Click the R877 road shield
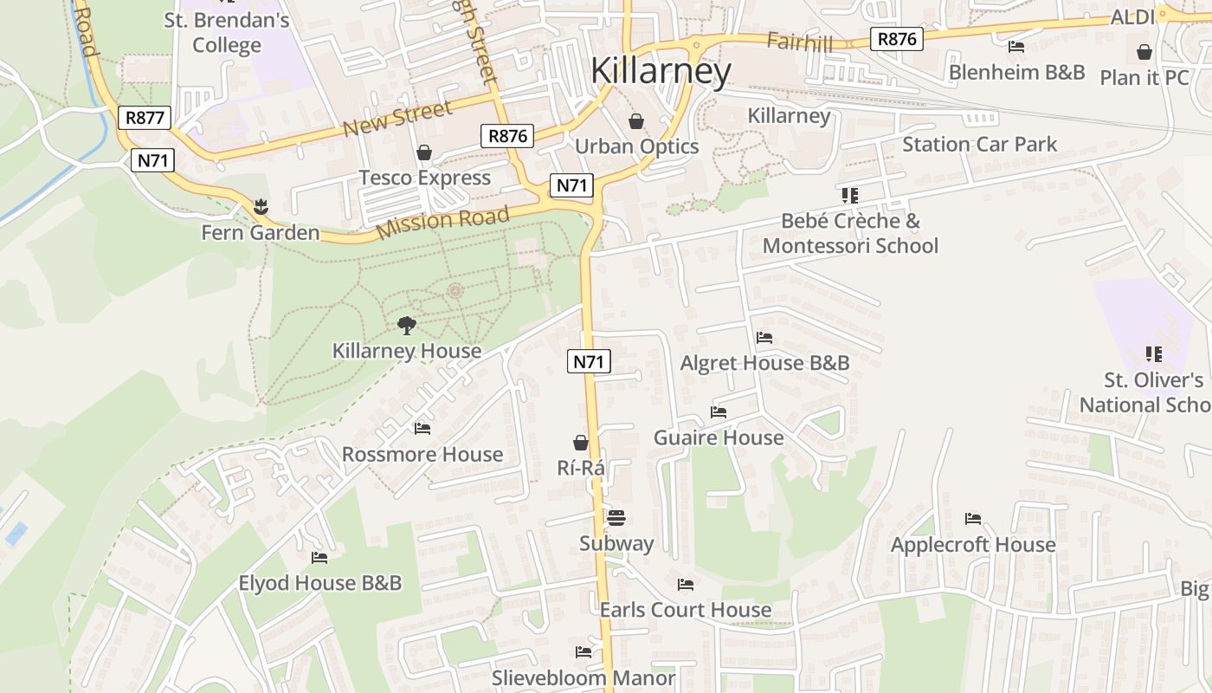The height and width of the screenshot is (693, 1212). tap(145, 118)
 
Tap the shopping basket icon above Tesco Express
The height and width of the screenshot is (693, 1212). tap(424, 153)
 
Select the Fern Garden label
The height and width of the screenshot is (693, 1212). tap(261, 233)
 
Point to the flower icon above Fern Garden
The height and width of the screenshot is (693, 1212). tap(260, 207)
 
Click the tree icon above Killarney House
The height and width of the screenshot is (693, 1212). tap(406, 326)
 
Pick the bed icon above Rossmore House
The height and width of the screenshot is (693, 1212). tap(422, 428)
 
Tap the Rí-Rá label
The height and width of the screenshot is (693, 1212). tap(581, 468)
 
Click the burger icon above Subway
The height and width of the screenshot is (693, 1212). tap(616, 518)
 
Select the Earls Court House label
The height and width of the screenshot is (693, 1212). tap(686, 610)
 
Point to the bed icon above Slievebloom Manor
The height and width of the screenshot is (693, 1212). tap(583, 651)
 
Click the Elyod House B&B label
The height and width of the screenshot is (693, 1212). tap(320, 583)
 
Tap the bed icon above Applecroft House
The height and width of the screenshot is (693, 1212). tap(973, 519)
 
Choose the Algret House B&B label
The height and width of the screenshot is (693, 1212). tap(765, 363)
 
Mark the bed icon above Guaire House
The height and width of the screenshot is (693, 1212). tap(719, 412)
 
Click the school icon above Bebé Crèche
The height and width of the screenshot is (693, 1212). tap(849, 196)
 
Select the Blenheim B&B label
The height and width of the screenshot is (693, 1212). tap(1017, 72)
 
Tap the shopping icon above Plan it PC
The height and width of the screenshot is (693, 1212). tap(1144, 52)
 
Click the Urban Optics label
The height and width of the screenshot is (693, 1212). tap(637, 146)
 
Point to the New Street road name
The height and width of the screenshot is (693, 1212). tap(397, 120)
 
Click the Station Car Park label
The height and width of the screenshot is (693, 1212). tap(980, 144)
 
